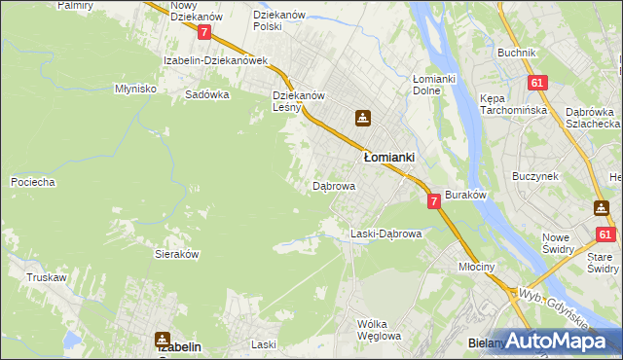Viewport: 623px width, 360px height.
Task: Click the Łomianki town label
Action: (x=389, y=157)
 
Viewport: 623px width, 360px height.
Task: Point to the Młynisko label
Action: (x=135, y=88)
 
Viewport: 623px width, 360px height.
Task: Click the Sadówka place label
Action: (x=206, y=95)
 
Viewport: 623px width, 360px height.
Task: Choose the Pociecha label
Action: (x=32, y=182)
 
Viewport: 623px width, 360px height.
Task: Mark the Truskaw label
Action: (x=47, y=277)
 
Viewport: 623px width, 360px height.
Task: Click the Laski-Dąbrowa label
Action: (x=385, y=234)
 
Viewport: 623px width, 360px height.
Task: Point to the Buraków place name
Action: (x=465, y=196)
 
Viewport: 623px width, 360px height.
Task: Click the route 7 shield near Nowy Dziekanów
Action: (x=203, y=32)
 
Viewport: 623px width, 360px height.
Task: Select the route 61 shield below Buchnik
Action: (x=536, y=84)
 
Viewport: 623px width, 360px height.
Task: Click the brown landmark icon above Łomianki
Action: (x=362, y=119)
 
